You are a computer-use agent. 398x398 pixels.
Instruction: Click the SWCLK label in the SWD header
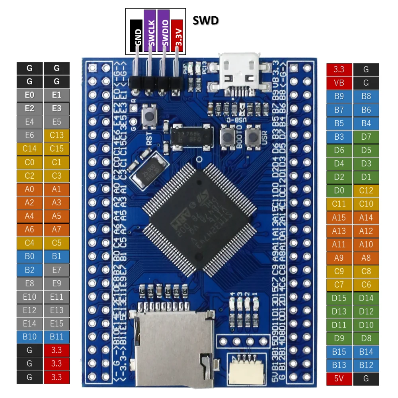click(150, 31)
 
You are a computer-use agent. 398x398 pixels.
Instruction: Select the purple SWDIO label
click(164, 31)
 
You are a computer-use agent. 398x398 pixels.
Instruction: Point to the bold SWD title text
click(205, 20)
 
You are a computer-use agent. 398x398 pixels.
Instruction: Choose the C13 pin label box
click(57, 135)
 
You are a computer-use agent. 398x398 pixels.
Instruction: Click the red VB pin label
click(339, 83)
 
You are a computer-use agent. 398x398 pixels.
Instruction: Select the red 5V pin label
click(339, 378)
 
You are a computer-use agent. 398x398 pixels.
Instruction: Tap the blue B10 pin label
click(29, 337)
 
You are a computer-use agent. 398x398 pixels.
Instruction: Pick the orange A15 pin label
click(339, 217)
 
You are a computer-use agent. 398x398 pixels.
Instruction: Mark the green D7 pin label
click(366, 137)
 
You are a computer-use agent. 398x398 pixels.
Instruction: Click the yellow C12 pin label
click(366, 191)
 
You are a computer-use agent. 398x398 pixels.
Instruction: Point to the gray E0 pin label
click(29, 95)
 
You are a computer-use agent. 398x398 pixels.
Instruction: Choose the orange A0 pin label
click(29, 189)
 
